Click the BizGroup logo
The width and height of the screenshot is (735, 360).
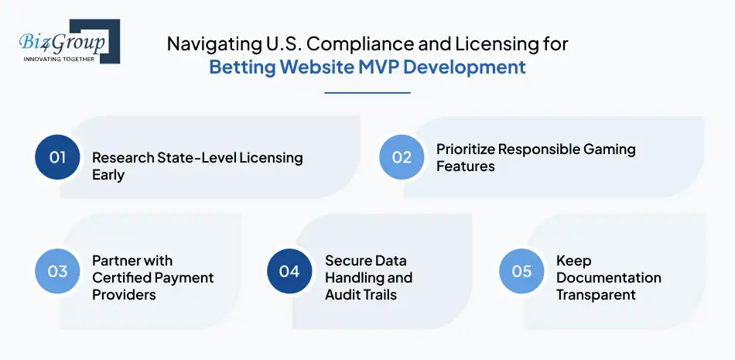click(65, 41)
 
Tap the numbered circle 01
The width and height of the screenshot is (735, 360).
click(58, 157)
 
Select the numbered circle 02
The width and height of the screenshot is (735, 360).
click(402, 157)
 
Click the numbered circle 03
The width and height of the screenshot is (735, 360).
click(58, 272)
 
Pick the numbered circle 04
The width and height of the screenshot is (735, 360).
click(289, 272)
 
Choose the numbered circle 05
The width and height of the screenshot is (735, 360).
click(521, 272)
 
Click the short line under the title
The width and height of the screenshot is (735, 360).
click(367, 93)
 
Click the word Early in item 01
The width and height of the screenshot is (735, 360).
click(108, 175)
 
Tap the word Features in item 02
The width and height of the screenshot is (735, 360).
click(466, 166)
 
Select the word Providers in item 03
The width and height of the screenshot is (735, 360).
click(124, 294)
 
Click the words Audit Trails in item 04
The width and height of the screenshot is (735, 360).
click(361, 294)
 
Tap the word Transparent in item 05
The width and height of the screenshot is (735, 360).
click(596, 294)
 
